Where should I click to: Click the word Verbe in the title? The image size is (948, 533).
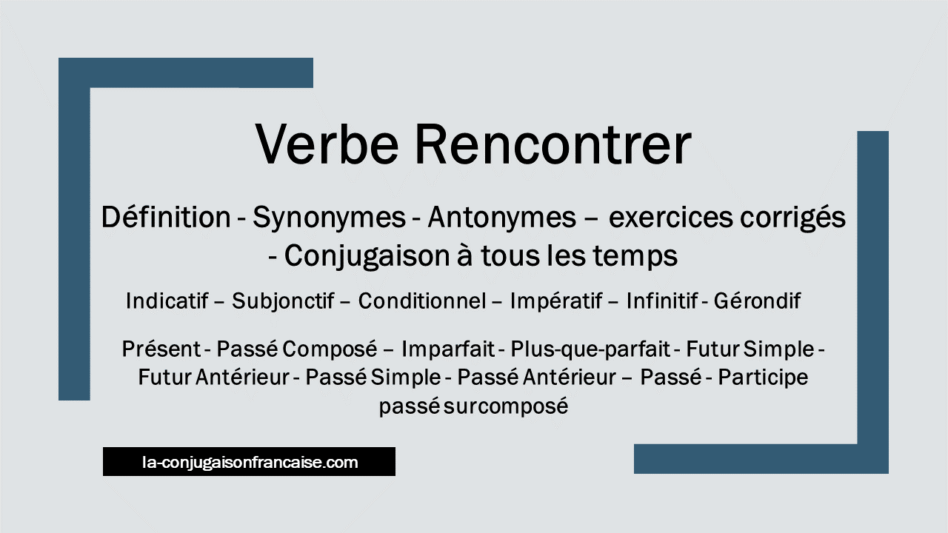[327, 144]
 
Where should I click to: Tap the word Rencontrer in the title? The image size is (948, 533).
[553, 144]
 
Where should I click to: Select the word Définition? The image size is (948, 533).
[166, 217]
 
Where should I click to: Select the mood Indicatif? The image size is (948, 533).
[167, 301]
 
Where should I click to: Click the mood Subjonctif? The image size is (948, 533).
[283, 301]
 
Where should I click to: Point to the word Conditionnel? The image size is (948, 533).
[422, 301]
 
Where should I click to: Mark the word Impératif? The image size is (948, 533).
[556, 301]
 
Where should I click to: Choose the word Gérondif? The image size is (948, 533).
[757, 301]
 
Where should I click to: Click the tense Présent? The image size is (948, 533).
[161, 349]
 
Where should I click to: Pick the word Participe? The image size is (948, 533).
[763, 378]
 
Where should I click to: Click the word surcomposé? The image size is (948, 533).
[506, 406]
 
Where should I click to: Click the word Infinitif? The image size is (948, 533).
[662, 301]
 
